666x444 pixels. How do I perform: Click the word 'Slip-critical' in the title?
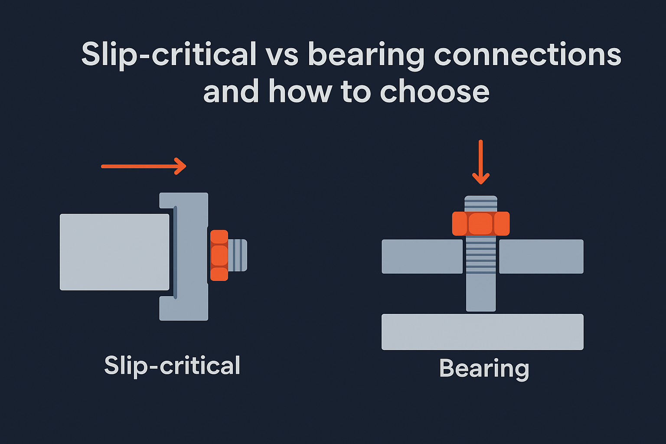(169, 55)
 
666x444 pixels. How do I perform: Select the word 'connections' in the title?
(528, 55)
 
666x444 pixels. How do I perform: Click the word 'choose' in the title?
(434, 92)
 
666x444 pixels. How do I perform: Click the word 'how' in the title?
(300, 92)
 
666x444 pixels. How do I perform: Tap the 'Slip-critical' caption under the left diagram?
(172, 366)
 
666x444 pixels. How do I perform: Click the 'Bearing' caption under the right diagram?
(484, 369)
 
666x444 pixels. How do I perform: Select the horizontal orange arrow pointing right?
(144, 166)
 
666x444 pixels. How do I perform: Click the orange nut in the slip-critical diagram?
(219, 255)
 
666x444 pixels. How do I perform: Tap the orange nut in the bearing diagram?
(480, 224)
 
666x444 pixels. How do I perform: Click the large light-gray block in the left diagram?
(114, 252)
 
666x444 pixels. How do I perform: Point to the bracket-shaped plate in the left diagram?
(191, 256)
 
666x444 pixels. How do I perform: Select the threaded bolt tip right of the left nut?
(238, 255)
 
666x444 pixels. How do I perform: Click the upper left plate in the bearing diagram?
(422, 256)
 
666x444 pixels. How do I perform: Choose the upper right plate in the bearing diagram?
(541, 256)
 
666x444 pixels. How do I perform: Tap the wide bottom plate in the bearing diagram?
(482, 332)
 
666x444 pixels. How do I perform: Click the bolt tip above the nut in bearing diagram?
(480, 203)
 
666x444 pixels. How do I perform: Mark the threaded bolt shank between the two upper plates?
(480, 256)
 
